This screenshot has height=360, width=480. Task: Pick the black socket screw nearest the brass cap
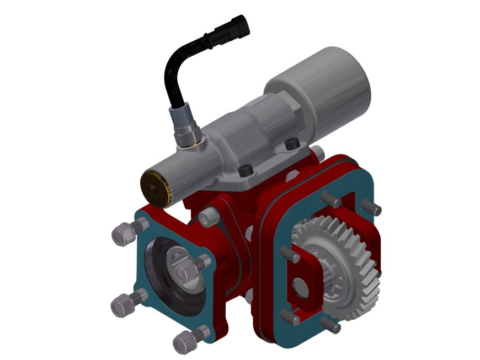pyautogui.click(x=244, y=170)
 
